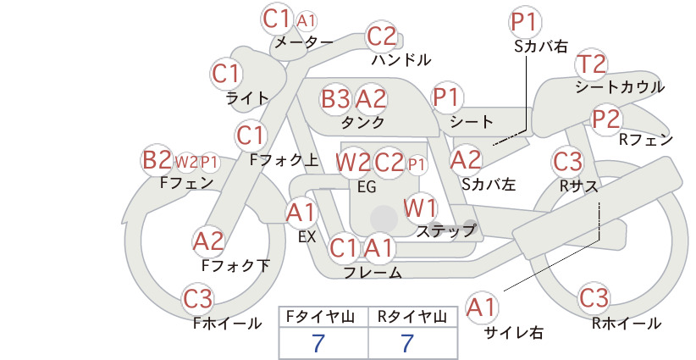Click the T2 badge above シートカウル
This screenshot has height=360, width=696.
pyautogui.click(x=592, y=64)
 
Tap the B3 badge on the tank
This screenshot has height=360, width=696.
pyautogui.click(x=335, y=98)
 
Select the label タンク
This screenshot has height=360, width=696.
pyautogui.click(x=362, y=122)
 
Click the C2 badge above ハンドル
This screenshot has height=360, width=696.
pyautogui.click(x=382, y=36)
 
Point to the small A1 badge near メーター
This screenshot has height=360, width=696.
pyautogui.click(x=307, y=21)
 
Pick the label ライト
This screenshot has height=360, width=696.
pyautogui.click(x=246, y=98)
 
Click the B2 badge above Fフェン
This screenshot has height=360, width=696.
pyautogui.click(x=157, y=160)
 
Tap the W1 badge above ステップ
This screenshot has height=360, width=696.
pyautogui.click(x=420, y=208)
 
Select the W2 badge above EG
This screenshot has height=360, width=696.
pyautogui.click(x=353, y=162)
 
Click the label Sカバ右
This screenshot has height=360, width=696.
pyautogui.click(x=541, y=47)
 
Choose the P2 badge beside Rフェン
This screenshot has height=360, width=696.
pyautogui.click(x=606, y=119)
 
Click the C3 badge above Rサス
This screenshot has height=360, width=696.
pyautogui.click(x=567, y=161)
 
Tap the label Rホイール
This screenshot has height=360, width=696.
pyautogui.click(x=627, y=324)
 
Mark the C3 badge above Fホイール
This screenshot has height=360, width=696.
pyautogui.click(x=198, y=299)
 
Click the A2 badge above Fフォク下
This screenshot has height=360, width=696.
pyautogui.click(x=208, y=242)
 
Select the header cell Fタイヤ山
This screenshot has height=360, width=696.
pyautogui.click(x=320, y=317)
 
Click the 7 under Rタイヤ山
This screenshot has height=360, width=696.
pyautogui.click(x=407, y=344)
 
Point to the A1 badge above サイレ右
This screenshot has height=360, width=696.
pyautogui.click(x=482, y=307)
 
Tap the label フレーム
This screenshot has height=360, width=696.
pyautogui.click(x=373, y=273)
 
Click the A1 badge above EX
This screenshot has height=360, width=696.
pyautogui.click(x=301, y=213)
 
